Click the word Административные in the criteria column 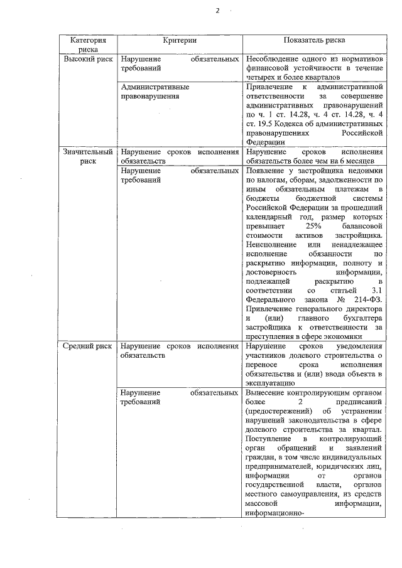coord(154,86)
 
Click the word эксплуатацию coord(268,383)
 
